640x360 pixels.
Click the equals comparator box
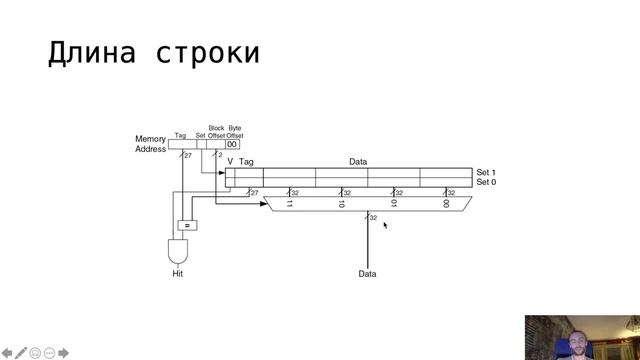(185, 225)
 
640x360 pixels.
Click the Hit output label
(178, 273)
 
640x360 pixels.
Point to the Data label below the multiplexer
(368, 273)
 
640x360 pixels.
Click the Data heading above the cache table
(358, 161)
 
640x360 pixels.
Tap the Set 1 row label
(486, 172)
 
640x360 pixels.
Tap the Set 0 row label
(486, 182)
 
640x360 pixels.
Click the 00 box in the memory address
(233, 144)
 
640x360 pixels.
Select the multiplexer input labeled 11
(290, 203)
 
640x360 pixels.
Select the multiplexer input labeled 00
(445, 203)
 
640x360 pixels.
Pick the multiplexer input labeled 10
(341, 203)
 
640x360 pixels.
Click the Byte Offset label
(235, 132)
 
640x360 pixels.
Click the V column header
(230, 161)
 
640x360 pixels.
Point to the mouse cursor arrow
(385, 225)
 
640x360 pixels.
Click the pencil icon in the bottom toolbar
(21, 353)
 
